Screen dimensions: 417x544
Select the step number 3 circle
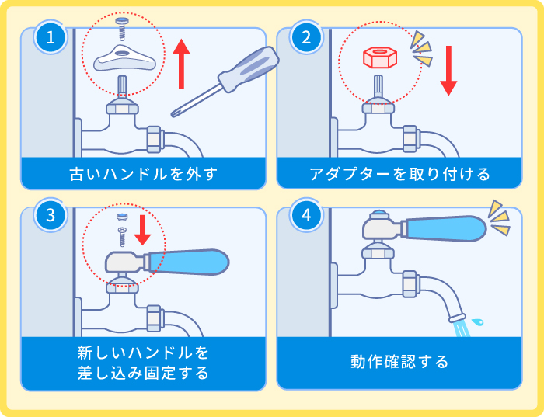51,216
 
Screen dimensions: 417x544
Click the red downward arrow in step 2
448,71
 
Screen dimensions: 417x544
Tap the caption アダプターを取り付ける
399,173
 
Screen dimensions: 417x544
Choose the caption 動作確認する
399,362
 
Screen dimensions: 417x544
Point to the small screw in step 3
121,231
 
